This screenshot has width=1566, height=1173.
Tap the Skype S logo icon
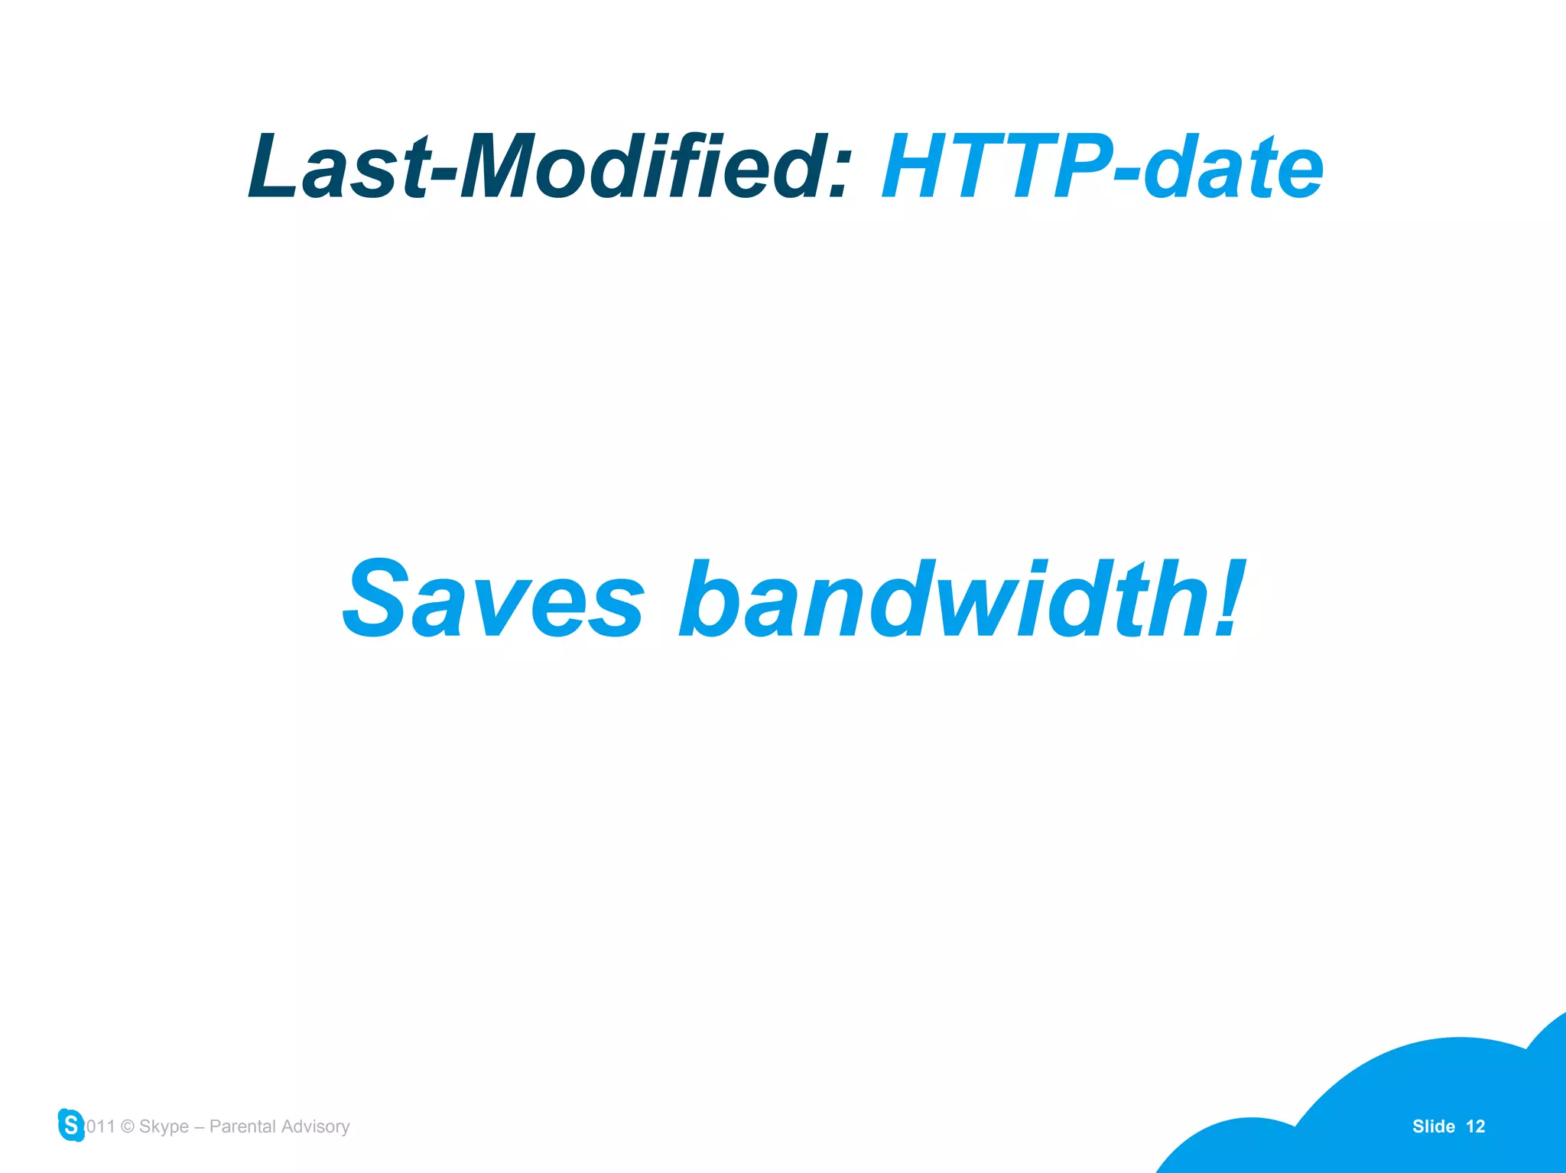tap(71, 1125)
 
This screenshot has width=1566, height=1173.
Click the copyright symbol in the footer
tap(128, 1127)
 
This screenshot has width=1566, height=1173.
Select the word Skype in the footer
tap(164, 1127)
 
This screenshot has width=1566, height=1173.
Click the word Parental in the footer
tap(242, 1126)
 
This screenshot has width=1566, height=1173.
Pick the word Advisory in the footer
tap(315, 1127)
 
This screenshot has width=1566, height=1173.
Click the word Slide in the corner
tap(1433, 1126)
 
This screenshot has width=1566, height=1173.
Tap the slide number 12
tap(1476, 1126)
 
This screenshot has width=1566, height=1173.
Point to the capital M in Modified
tap(505, 167)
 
